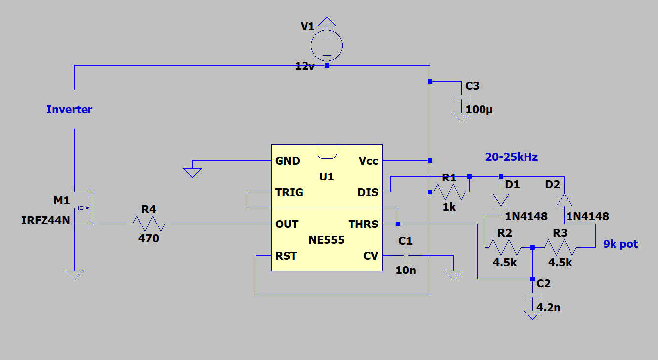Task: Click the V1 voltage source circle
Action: coord(327,45)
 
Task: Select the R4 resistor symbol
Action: coord(149,224)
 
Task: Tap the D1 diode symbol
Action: coord(501,200)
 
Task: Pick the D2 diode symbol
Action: coord(564,200)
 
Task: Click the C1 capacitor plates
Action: coord(406,256)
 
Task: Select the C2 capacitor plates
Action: coord(532,295)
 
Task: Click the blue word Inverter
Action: coord(69,110)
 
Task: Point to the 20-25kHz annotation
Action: coord(511,157)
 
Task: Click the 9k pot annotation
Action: coord(620,244)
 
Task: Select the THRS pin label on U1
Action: coord(363,225)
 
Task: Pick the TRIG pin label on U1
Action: coord(289,193)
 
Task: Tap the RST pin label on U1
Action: coord(286,256)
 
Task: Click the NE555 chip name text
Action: coord(326,241)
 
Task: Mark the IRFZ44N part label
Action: coord(45,221)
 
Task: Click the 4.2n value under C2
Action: coord(548,308)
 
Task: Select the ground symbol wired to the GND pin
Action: coord(192,172)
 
